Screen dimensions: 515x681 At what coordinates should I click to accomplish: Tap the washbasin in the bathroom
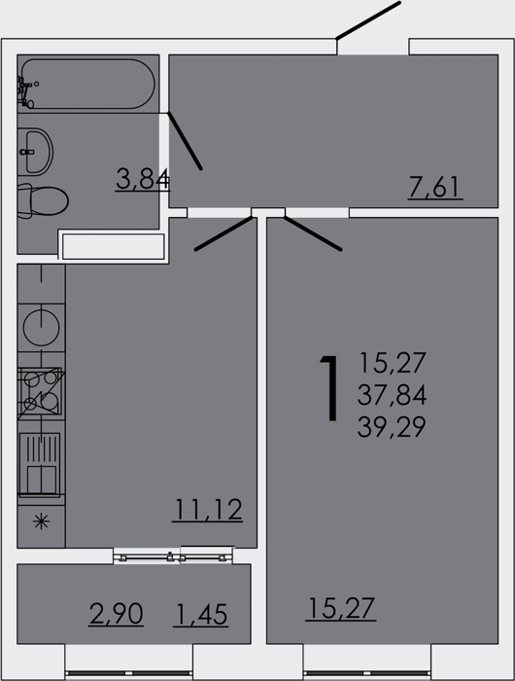coord(36,152)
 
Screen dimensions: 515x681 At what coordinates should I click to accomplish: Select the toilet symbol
coord(43,200)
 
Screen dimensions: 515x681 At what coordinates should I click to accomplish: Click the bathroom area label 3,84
coord(143,179)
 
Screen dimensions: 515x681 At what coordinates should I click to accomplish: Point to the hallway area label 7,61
coord(434,188)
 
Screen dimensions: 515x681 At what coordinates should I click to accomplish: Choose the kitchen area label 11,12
coord(207,510)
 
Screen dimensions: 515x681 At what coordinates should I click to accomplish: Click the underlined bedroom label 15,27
coord(341,608)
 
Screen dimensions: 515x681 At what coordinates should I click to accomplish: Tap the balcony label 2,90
coord(116,614)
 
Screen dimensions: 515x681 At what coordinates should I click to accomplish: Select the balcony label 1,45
coord(201,615)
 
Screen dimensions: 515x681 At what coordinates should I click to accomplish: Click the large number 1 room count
coord(330,388)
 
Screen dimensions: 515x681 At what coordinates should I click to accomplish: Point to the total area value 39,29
coord(392,426)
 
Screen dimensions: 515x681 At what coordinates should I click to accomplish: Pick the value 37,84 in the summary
coord(392,395)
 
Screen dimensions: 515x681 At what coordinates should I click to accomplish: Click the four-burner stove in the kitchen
coord(41,391)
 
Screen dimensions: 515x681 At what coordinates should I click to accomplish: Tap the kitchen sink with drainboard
coord(40,464)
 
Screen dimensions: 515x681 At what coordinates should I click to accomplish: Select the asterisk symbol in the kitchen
coord(41,521)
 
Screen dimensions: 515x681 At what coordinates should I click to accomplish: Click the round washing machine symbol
coord(41,328)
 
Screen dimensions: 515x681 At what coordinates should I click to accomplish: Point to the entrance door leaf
coord(368,20)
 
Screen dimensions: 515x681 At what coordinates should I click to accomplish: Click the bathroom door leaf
coord(185,141)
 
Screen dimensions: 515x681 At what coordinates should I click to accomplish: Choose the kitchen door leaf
coord(223,233)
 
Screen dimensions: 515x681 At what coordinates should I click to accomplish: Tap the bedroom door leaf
coord(313,233)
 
